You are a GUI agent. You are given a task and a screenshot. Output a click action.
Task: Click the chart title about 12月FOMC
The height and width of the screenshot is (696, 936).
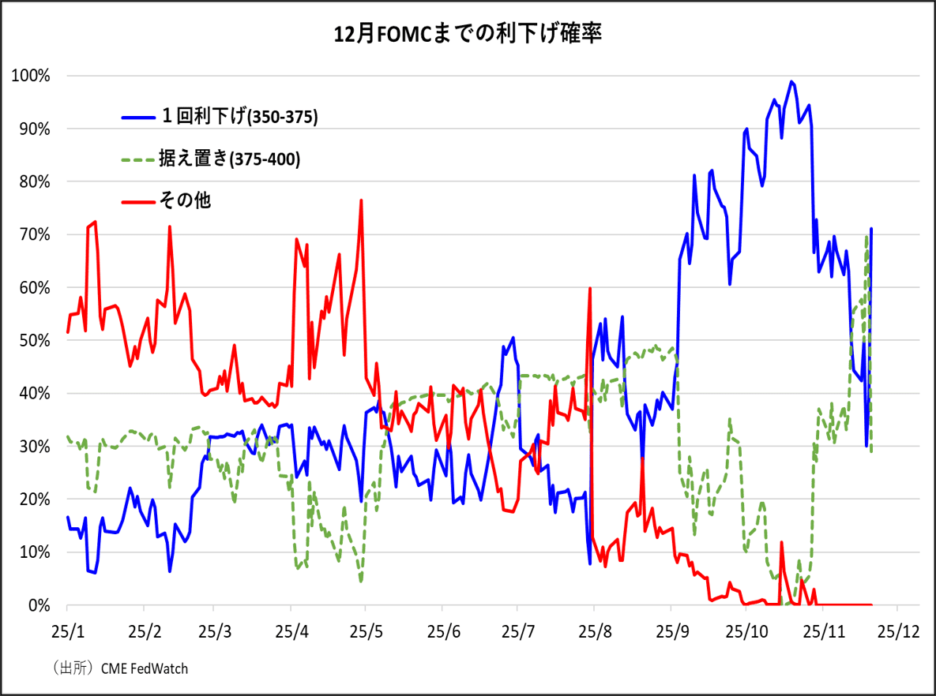coord(468,35)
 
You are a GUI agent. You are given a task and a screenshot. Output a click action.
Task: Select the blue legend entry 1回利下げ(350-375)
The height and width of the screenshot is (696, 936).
coord(220,117)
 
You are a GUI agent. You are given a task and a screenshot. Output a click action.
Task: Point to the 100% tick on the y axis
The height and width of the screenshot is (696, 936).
coord(31,76)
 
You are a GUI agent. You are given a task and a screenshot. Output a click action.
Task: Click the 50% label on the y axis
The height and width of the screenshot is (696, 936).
coord(34,341)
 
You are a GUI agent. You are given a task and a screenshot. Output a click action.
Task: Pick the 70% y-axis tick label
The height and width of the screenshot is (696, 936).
coord(34,235)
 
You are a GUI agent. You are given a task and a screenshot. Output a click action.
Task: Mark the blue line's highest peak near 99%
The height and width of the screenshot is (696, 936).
coord(791,81)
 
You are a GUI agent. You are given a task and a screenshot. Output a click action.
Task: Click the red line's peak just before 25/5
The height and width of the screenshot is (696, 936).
coord(361,200)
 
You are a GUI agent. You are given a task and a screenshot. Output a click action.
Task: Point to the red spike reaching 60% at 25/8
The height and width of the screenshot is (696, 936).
coord(590,289)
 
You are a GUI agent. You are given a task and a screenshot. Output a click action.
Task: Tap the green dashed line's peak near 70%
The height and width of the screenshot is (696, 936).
coord(867,236)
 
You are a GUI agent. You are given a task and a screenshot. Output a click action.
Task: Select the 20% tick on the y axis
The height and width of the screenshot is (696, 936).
coord(34,500)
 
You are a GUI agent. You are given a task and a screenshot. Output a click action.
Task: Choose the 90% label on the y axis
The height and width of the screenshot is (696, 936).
coord(34,129)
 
